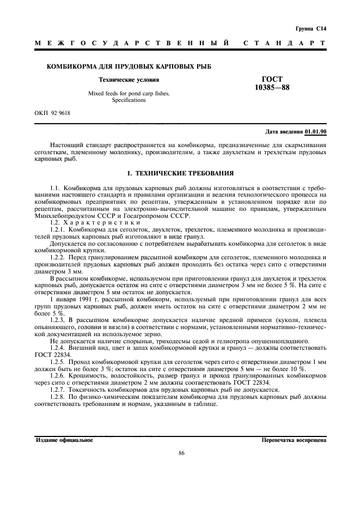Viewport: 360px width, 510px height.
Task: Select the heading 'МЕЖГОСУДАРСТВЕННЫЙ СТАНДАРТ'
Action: pos(180,42)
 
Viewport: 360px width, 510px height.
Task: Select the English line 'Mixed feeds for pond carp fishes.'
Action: pos(129,93)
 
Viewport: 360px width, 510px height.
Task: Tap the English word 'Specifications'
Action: pos(129,100)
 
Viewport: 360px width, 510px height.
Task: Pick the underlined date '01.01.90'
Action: pos(315,132)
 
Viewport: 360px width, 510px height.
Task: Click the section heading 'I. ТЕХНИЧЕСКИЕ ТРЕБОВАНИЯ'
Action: pos(180,174)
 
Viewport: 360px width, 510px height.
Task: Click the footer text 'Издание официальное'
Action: pos(64,440)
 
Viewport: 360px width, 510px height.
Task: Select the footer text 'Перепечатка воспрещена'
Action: pos(294,440)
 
